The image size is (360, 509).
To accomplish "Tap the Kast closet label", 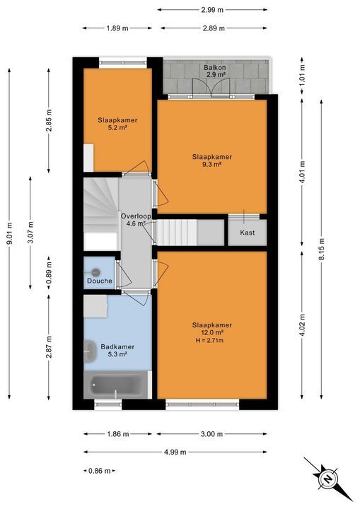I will point(247,233).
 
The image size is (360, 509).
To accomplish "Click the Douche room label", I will point(100,281).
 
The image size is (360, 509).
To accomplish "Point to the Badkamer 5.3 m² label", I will point(113,351).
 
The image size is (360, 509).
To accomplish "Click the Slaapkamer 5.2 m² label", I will point(117,124).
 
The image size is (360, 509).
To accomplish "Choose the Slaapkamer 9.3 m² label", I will point(211,160).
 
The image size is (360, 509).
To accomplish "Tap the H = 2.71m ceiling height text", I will point(211,340).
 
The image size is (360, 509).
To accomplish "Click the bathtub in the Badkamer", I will point(117,387).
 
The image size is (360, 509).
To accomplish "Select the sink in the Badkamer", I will point(90,349).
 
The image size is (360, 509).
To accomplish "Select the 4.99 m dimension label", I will point(175,452).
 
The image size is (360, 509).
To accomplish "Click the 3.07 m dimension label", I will point(30,230).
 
